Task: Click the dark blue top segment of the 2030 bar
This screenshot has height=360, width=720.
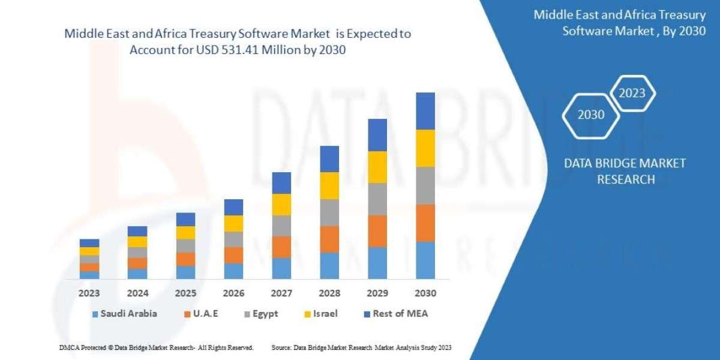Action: (425, 111)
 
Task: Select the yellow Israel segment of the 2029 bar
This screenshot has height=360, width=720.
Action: (377, 167)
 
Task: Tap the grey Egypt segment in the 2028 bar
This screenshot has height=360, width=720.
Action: (329, 212)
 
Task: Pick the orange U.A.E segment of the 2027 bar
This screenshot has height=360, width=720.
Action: (281, 247)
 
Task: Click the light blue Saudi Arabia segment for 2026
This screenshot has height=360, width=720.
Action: (233, 271)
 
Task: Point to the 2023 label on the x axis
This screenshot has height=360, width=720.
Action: (89, 294)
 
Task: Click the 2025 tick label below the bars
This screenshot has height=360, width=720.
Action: (185, 294)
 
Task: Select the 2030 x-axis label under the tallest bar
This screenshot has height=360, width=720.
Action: (425, 294)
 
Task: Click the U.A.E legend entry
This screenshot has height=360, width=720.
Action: (202, 313)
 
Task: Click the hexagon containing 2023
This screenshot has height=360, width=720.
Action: (632, 93)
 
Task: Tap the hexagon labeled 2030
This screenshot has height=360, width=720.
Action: (591, 115)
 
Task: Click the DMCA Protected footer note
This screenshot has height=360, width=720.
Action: (157, 347)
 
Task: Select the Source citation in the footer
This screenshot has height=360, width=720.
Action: (361, 347)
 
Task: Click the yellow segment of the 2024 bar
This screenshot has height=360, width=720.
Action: (137, 242)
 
